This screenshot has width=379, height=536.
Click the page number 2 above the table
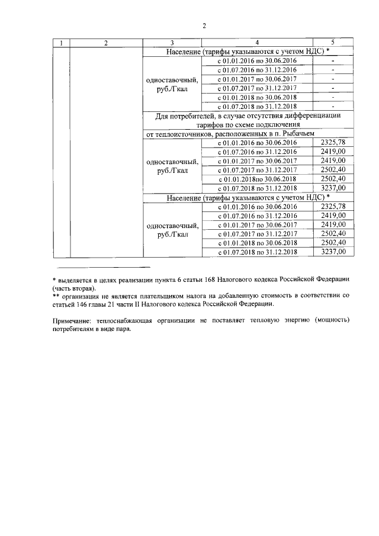[204, 25]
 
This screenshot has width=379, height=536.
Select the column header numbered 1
[61, 43]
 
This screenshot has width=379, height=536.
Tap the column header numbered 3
[172, 43]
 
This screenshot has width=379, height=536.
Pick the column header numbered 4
[256, 43]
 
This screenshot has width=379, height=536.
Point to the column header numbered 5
[333, 43]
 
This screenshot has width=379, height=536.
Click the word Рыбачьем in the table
[306, 134]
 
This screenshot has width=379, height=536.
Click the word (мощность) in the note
[332, 321]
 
